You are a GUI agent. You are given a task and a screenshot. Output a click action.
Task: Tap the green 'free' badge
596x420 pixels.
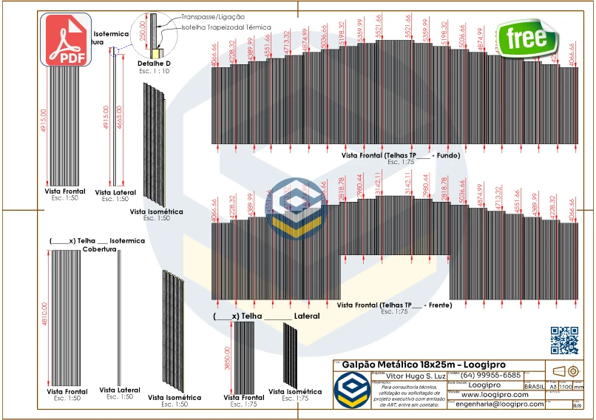(527, 38)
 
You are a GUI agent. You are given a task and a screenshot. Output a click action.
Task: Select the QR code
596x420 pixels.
(565, 340)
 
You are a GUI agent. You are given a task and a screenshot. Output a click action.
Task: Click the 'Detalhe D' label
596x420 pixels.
(154, 64)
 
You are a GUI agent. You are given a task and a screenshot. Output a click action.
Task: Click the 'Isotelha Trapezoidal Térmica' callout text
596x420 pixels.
(226, 27)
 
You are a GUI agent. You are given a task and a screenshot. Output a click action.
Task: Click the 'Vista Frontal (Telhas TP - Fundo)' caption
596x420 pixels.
(400, 155)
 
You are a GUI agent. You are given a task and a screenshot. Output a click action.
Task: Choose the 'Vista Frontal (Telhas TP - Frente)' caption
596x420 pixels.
(394, 305)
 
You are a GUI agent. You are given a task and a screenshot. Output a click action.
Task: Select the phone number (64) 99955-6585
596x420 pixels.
(491, 376)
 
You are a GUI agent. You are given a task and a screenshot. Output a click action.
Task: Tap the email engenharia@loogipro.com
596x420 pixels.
(499, 404)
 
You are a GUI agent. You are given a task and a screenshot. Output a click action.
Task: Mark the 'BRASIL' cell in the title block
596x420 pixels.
(535, 387)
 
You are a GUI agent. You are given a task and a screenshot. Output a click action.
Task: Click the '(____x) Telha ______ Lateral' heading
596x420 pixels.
(266, 316)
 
